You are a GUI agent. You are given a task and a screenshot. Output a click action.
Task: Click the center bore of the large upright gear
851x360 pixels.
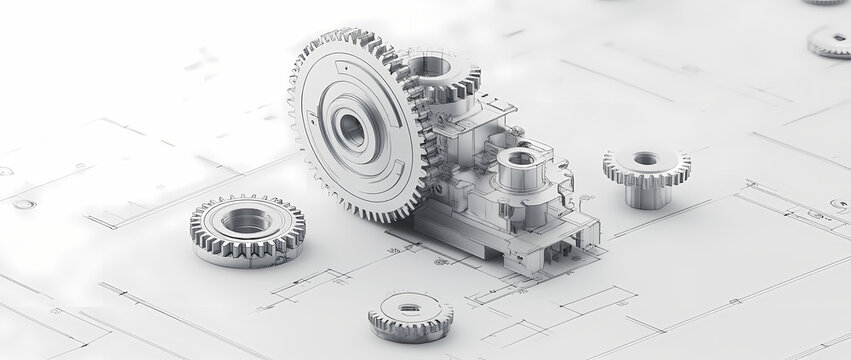351,129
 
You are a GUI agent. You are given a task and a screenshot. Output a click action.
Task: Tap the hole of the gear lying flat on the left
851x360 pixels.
246,221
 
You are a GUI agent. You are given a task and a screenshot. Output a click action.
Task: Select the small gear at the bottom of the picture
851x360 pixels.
410,316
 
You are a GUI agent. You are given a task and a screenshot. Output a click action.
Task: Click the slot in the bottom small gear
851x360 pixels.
410,308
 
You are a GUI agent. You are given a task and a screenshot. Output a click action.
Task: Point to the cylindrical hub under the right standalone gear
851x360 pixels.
647,194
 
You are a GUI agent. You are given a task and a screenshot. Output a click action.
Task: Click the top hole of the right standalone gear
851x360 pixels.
646,159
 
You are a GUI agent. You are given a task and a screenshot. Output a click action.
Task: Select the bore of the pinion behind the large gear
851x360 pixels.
430,66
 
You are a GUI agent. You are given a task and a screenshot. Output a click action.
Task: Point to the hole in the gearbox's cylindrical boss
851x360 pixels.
520,157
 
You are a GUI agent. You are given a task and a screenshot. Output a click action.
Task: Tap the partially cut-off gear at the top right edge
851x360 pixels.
824,2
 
